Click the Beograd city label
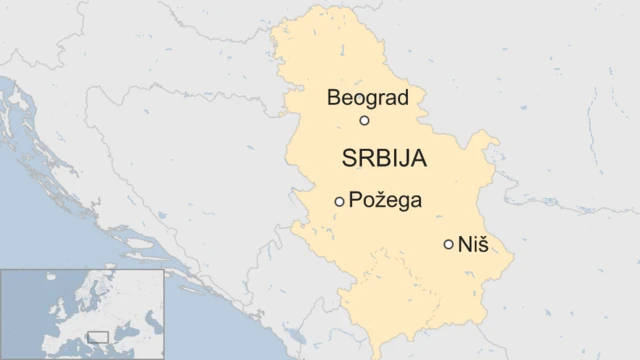point(368,98)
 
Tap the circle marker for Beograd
point(365,121)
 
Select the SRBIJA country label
point(384,159)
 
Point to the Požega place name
point(385,201)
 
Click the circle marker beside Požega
point(340,202)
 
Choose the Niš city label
point(473,243)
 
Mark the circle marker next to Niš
point(449,244)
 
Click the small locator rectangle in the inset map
point(98,336)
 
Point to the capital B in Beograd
point(334,98)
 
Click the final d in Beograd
point(404,98)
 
